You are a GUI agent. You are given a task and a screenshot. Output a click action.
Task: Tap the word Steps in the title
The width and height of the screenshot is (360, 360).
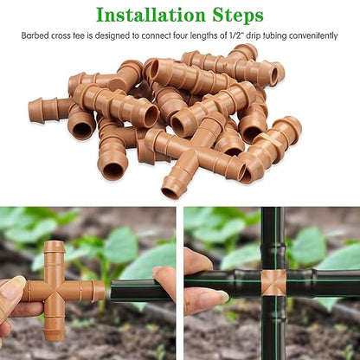point(234,15)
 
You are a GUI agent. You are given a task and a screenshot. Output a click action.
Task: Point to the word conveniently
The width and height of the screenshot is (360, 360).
point(310,36)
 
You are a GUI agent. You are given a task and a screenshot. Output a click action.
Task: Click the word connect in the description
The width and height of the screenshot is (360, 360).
point(166,36)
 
